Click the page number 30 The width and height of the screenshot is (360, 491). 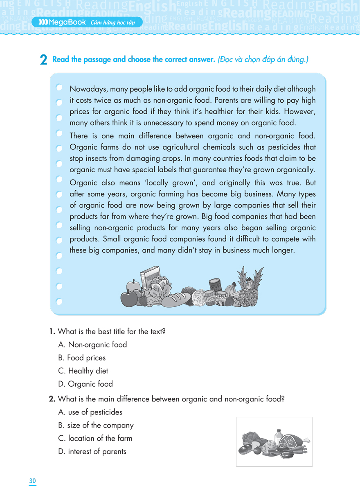point(33,480)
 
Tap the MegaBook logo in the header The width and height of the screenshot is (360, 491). point(61,22)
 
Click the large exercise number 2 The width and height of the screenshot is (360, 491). point(43,61)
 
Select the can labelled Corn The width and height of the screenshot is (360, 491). point(210,298)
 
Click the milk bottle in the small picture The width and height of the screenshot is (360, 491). point(279,436)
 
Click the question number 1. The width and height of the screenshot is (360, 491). point(52,331)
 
